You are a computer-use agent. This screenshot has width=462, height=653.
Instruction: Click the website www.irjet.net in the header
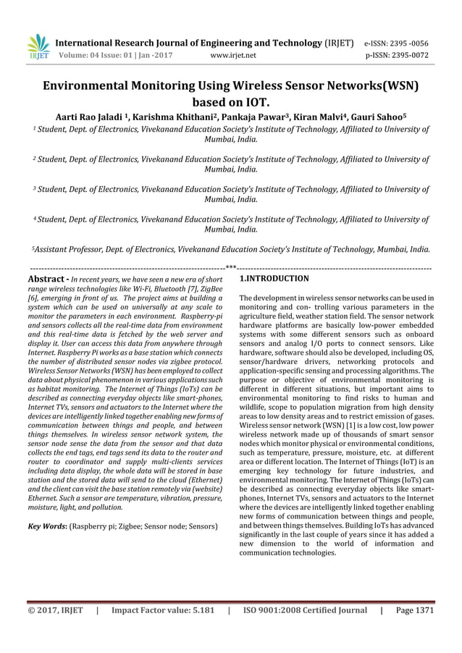coord(232,54)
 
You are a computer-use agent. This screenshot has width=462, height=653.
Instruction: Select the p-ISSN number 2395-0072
coord(413,54)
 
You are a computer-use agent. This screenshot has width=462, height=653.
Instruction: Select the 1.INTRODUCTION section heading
coord(274,278)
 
